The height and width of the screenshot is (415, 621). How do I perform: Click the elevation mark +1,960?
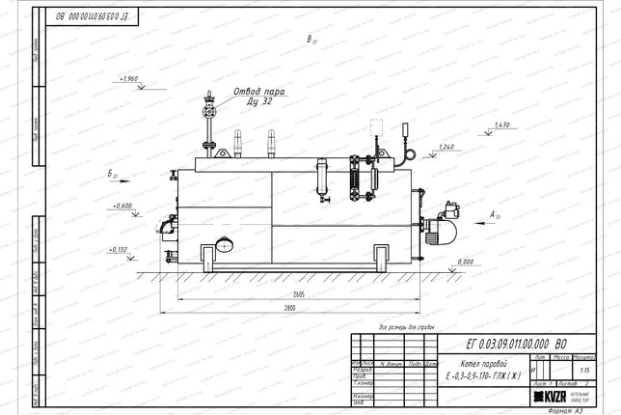click(126, 77)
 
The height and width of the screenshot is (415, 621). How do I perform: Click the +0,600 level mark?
click(122, 206)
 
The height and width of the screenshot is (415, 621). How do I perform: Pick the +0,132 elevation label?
click(120, 249)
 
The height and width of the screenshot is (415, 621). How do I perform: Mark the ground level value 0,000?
click(465, 262)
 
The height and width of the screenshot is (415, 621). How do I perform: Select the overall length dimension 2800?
click(290, 307)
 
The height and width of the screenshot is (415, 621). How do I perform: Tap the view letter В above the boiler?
click(310, 40)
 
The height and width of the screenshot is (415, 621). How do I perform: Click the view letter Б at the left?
click(113, 174)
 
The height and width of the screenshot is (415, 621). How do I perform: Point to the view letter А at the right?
click(494, 212)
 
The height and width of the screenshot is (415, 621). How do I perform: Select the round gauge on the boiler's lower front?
click(224, 244)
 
